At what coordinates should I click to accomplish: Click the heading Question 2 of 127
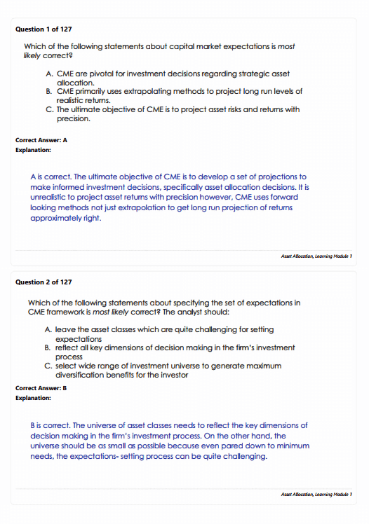pos(43,282)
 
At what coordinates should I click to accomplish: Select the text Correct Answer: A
pos(41,139)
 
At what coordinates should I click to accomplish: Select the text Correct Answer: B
pos(41,387)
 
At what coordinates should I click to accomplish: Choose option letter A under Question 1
pos(47,73)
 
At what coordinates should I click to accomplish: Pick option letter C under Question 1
pos(47,109)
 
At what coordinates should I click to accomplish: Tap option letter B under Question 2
pos(47,347)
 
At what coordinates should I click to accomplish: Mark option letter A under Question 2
pos(47,329)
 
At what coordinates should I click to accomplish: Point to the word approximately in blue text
pos(60,218)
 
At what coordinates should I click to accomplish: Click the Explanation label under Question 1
pos(33,150)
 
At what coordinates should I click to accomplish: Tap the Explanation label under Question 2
pos(33,398)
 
